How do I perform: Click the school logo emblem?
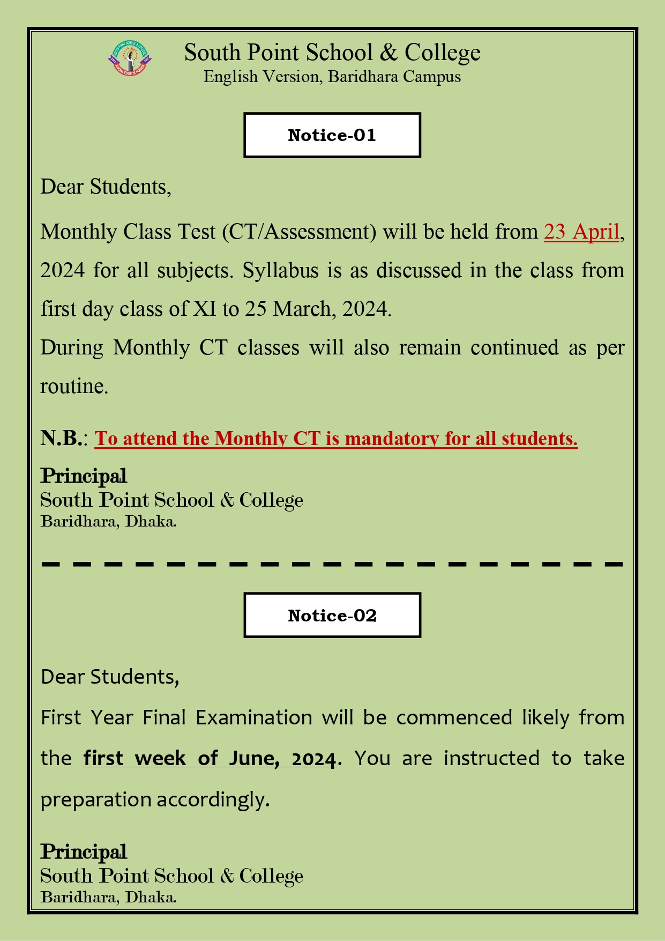130,58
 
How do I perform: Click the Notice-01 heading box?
332,135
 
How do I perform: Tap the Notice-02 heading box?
332,615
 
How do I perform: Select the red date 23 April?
581,232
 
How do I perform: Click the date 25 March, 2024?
318,309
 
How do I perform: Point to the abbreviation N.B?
62,438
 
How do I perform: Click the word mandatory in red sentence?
385,439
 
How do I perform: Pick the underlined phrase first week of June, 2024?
210,758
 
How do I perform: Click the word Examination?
253,717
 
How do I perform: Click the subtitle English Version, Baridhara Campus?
332,77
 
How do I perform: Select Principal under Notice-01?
84,476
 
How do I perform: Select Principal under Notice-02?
84,851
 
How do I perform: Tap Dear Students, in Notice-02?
110,677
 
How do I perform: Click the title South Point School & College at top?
332,53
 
